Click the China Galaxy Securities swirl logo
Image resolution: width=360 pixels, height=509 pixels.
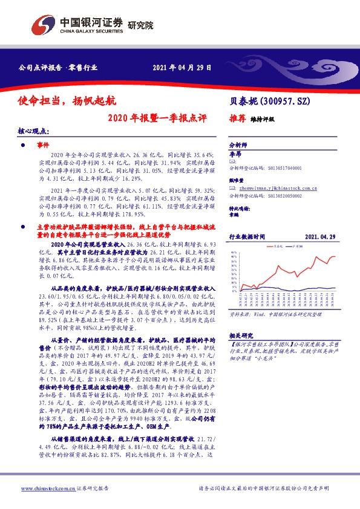click(x=44, y=25)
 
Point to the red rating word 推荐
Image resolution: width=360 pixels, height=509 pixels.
click(x=238, y=119)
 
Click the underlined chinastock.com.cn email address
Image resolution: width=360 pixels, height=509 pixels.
click(x=265, y=188)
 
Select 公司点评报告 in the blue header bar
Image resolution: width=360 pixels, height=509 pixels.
click(x=39, y=67)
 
